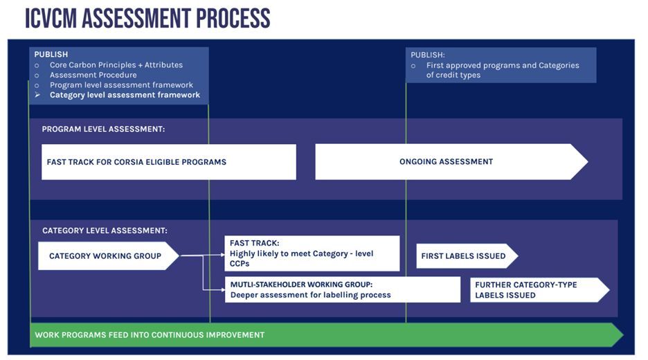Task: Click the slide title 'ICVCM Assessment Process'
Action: pyautogui.click(x=147, y=19)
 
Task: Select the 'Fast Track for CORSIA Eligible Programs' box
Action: pyautogui.click(x=169, y=161)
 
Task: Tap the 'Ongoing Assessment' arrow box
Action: pyautogui.click(x=451, y=161)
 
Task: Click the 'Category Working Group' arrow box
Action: pyautogui.click(x=109, y=256)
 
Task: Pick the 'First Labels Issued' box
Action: pyautogui.click(x=467, y=256)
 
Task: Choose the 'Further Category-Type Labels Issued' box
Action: pyautogui.click(x=540, y=290)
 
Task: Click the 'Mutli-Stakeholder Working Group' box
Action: pyautogui.click(x=343, y=289)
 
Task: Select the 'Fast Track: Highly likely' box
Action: pyautogui.click(x=312, y=253)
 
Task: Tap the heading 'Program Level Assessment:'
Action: pyautogui.click(x=103, y=129)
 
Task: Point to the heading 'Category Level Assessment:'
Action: pyautogui.click(x=105, y=231)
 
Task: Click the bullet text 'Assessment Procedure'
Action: pyautogui.click(x=93, y=75)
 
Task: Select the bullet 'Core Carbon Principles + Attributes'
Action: pyautogui.click(x=116, y=65)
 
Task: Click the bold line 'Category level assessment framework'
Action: pyautogui.click(x=125, y=95)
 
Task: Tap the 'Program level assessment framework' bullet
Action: pyautogui.click(x=122, y=85)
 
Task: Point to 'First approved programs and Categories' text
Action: pyautogui.click(x=503, y=65)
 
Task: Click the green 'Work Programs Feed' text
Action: pyautogui.click(x=150, y=335)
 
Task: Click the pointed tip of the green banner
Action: pyautogui.click(x=623, y=335)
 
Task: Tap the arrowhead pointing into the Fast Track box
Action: pyautogui.click(x=223, y=255)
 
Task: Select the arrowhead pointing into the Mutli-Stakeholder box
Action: pyautogui.click(x=223, y=290)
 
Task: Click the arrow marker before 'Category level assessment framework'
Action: pyautogui.click(x=37, y=95)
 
